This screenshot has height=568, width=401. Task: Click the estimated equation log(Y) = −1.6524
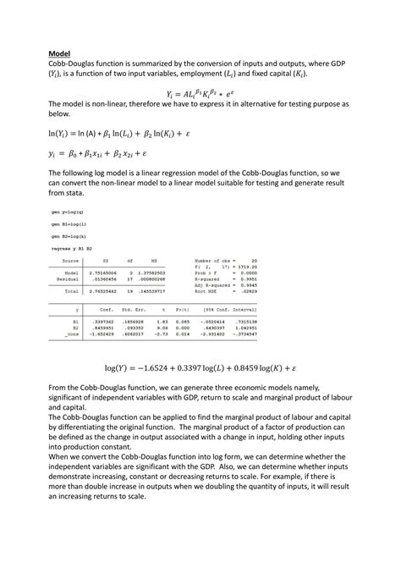click(200, 368)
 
